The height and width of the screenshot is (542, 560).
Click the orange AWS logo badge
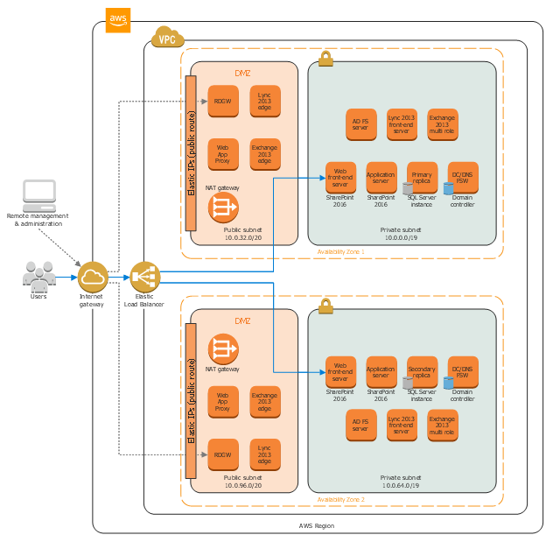coord(118,20)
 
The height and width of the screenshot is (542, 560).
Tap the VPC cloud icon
coord(167,39)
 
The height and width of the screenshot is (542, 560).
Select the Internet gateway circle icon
coord(92,278)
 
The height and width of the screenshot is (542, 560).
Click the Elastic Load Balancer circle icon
coord(144,278)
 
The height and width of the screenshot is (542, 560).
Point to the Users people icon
coord(38,277)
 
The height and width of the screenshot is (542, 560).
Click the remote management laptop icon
coord(38,194)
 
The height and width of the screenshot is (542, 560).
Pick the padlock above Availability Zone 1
coord(325,59)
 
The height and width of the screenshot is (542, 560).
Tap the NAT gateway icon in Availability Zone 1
coord(222,208)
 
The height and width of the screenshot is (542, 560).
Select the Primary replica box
coord(422,177)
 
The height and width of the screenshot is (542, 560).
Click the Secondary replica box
coord(422,371)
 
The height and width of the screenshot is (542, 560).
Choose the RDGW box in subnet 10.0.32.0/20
coord(222,102)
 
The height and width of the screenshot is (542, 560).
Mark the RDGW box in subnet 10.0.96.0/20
coord(222,454)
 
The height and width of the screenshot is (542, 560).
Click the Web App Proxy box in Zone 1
coord(222,154)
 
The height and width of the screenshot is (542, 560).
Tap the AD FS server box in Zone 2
coord(360,425)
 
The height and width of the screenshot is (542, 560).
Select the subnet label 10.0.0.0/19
coord(401,237)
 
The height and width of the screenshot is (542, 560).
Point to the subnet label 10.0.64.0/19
coord(401,484)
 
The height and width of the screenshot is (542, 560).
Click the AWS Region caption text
coord(316,525)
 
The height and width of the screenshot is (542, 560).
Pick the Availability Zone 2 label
coord(341,499)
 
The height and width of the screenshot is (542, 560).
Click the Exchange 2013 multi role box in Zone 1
coord(442,123)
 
